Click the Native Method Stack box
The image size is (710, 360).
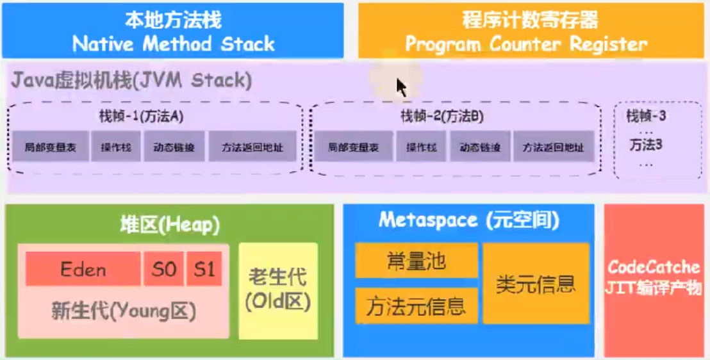(x=173, y=31)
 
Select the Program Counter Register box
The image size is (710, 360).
(x=530, y=31)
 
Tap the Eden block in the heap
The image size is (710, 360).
(x=83, y=269)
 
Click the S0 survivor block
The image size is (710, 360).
(x=163, y=269)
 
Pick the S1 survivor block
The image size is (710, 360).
(x=204, y=269)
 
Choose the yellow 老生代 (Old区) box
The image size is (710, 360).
(x=278, y=290)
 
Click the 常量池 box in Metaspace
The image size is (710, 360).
(x=417, y=261)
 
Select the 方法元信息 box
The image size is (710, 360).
(x=417, y=306)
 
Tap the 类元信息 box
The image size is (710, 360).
(x=536, y=283)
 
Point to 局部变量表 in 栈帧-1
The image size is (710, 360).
(x=50, y=147)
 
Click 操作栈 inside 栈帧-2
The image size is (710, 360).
(x=420, y=147)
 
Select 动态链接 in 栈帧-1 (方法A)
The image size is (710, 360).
(x=174, y=147)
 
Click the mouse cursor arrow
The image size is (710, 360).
(x=400, y=86)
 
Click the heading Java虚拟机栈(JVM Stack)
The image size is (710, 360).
(x=131, y=81)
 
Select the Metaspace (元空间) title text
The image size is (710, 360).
(x=468, y=220)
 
